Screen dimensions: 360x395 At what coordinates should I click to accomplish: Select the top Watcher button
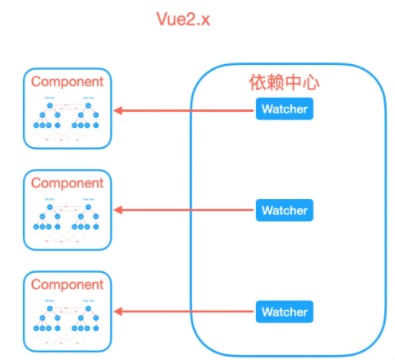[x=285, y=108]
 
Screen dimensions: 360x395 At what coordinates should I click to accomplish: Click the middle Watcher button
[x=285, y=210]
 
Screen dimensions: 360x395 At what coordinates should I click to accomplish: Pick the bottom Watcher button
[x=285, y=312]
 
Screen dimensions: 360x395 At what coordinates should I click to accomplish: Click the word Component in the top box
[x=67, y=81]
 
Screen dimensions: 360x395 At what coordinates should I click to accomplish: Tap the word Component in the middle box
[x=67, y=182]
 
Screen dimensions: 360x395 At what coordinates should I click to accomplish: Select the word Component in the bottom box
[x=67, y=284]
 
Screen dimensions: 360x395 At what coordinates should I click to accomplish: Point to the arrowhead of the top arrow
[x=118, y=109]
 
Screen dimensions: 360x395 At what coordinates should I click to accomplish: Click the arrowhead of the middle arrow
[x=118, y=210]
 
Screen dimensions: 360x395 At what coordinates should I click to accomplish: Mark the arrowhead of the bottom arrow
[x=118, y=312]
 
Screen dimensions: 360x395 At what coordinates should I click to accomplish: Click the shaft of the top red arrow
[x=189, y=109]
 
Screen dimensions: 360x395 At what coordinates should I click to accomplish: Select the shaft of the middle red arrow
[x=189, y=210]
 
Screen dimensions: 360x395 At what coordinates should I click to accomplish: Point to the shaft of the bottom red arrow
[x=189, y=312]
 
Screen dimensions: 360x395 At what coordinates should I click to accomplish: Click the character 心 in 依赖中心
[x=310, y=83]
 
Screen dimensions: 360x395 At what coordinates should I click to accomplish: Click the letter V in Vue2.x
[x=162, y=19]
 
